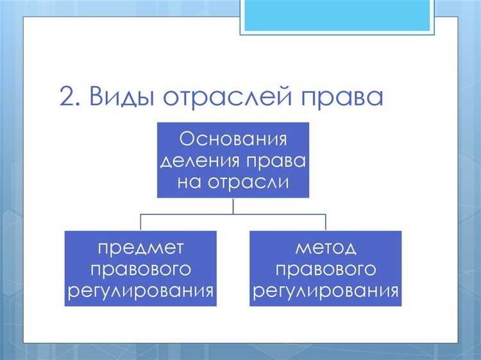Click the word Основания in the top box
pos(232,138)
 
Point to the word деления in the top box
pos(204,160)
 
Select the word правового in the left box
pos(140,270)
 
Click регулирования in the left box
pos(140,291)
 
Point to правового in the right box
pos(326,270)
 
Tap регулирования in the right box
pos(326,291)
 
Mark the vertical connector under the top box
pos(233,206)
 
